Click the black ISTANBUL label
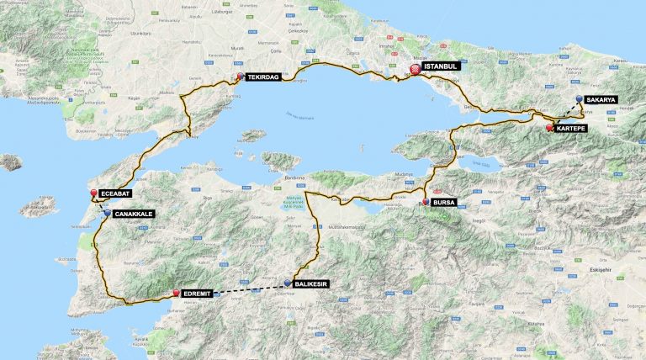pyautogui.click(x=442, y=66)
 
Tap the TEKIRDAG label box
pyautogui.click(x=263, y=76)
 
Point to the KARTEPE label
pyautogui.click(x=572, y=129)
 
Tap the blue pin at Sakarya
pyautogui.click(x=580, y=99)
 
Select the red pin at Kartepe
pyautogui.click(x=549, y=128)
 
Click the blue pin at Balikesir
pyautogui.click(x=288, y=283)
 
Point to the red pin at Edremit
pyautogui.click(x=176, y=293)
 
